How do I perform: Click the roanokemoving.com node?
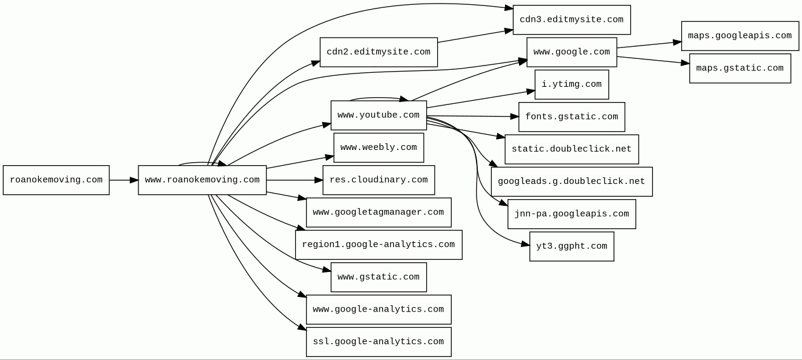click(56, 180)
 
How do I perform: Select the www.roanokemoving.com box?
click(202, 180)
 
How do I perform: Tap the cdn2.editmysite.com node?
click(378, 52)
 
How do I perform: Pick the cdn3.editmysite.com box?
click(571, 20)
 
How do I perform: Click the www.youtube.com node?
click(378, 115)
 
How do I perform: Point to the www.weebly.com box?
click(378, 148)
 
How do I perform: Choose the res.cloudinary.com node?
click(378, 180)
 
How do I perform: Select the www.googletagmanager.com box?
click(378, 212)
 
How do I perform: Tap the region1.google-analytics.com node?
click(378, 245)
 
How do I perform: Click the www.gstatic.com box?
click(378, 277)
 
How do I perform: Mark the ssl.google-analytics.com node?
click(378, 342)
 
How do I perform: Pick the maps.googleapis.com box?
click(739, 36)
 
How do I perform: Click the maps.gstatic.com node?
click(739, 69)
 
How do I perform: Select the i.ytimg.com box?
click(571, 84)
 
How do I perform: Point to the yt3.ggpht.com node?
click(571, 246)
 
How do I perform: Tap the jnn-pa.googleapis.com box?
click(571, 214)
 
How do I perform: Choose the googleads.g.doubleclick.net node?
click(571, 182)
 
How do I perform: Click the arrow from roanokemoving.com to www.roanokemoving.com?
click(124, 180)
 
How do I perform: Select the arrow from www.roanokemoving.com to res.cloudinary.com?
click(294, 180)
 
